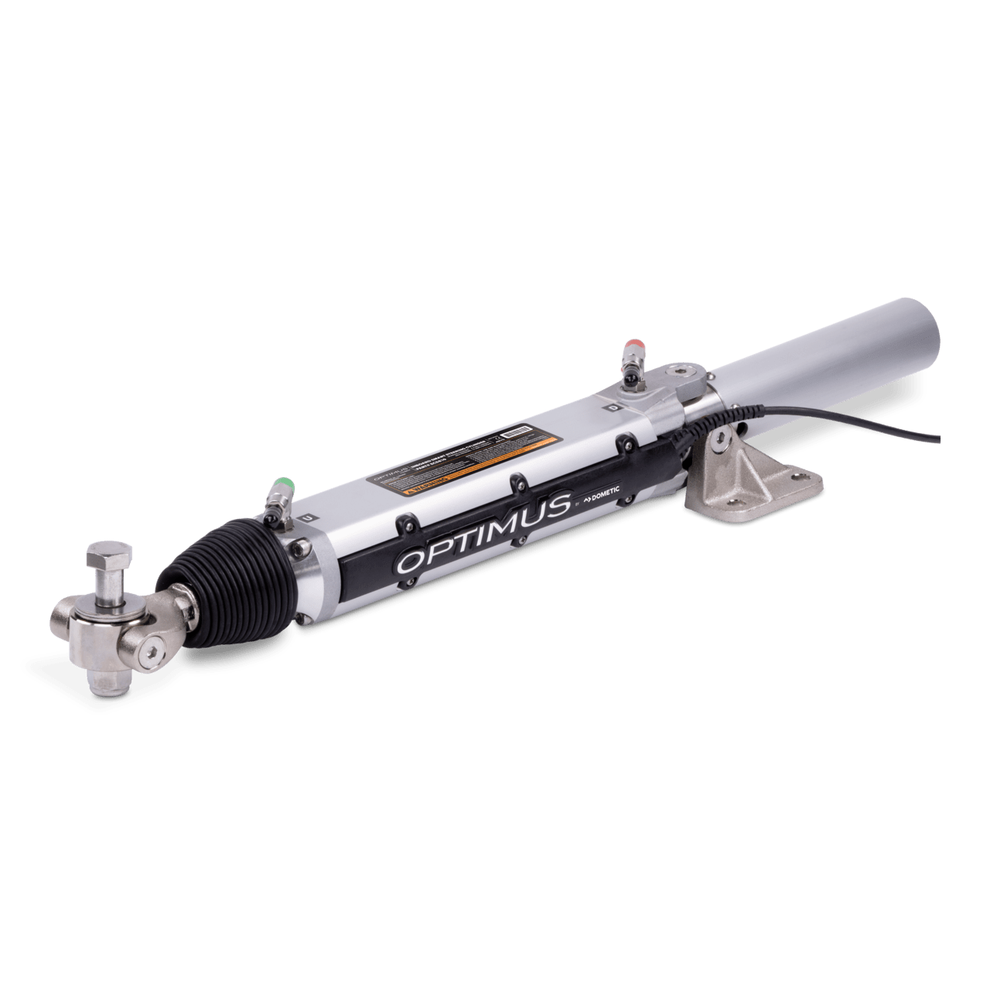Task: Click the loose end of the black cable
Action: [x=941, y=441]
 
